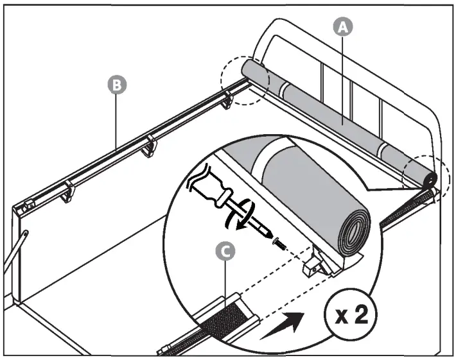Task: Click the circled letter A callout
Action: click(344, 26)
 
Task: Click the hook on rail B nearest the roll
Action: click(226, 99)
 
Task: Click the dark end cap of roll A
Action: click(431, 178)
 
